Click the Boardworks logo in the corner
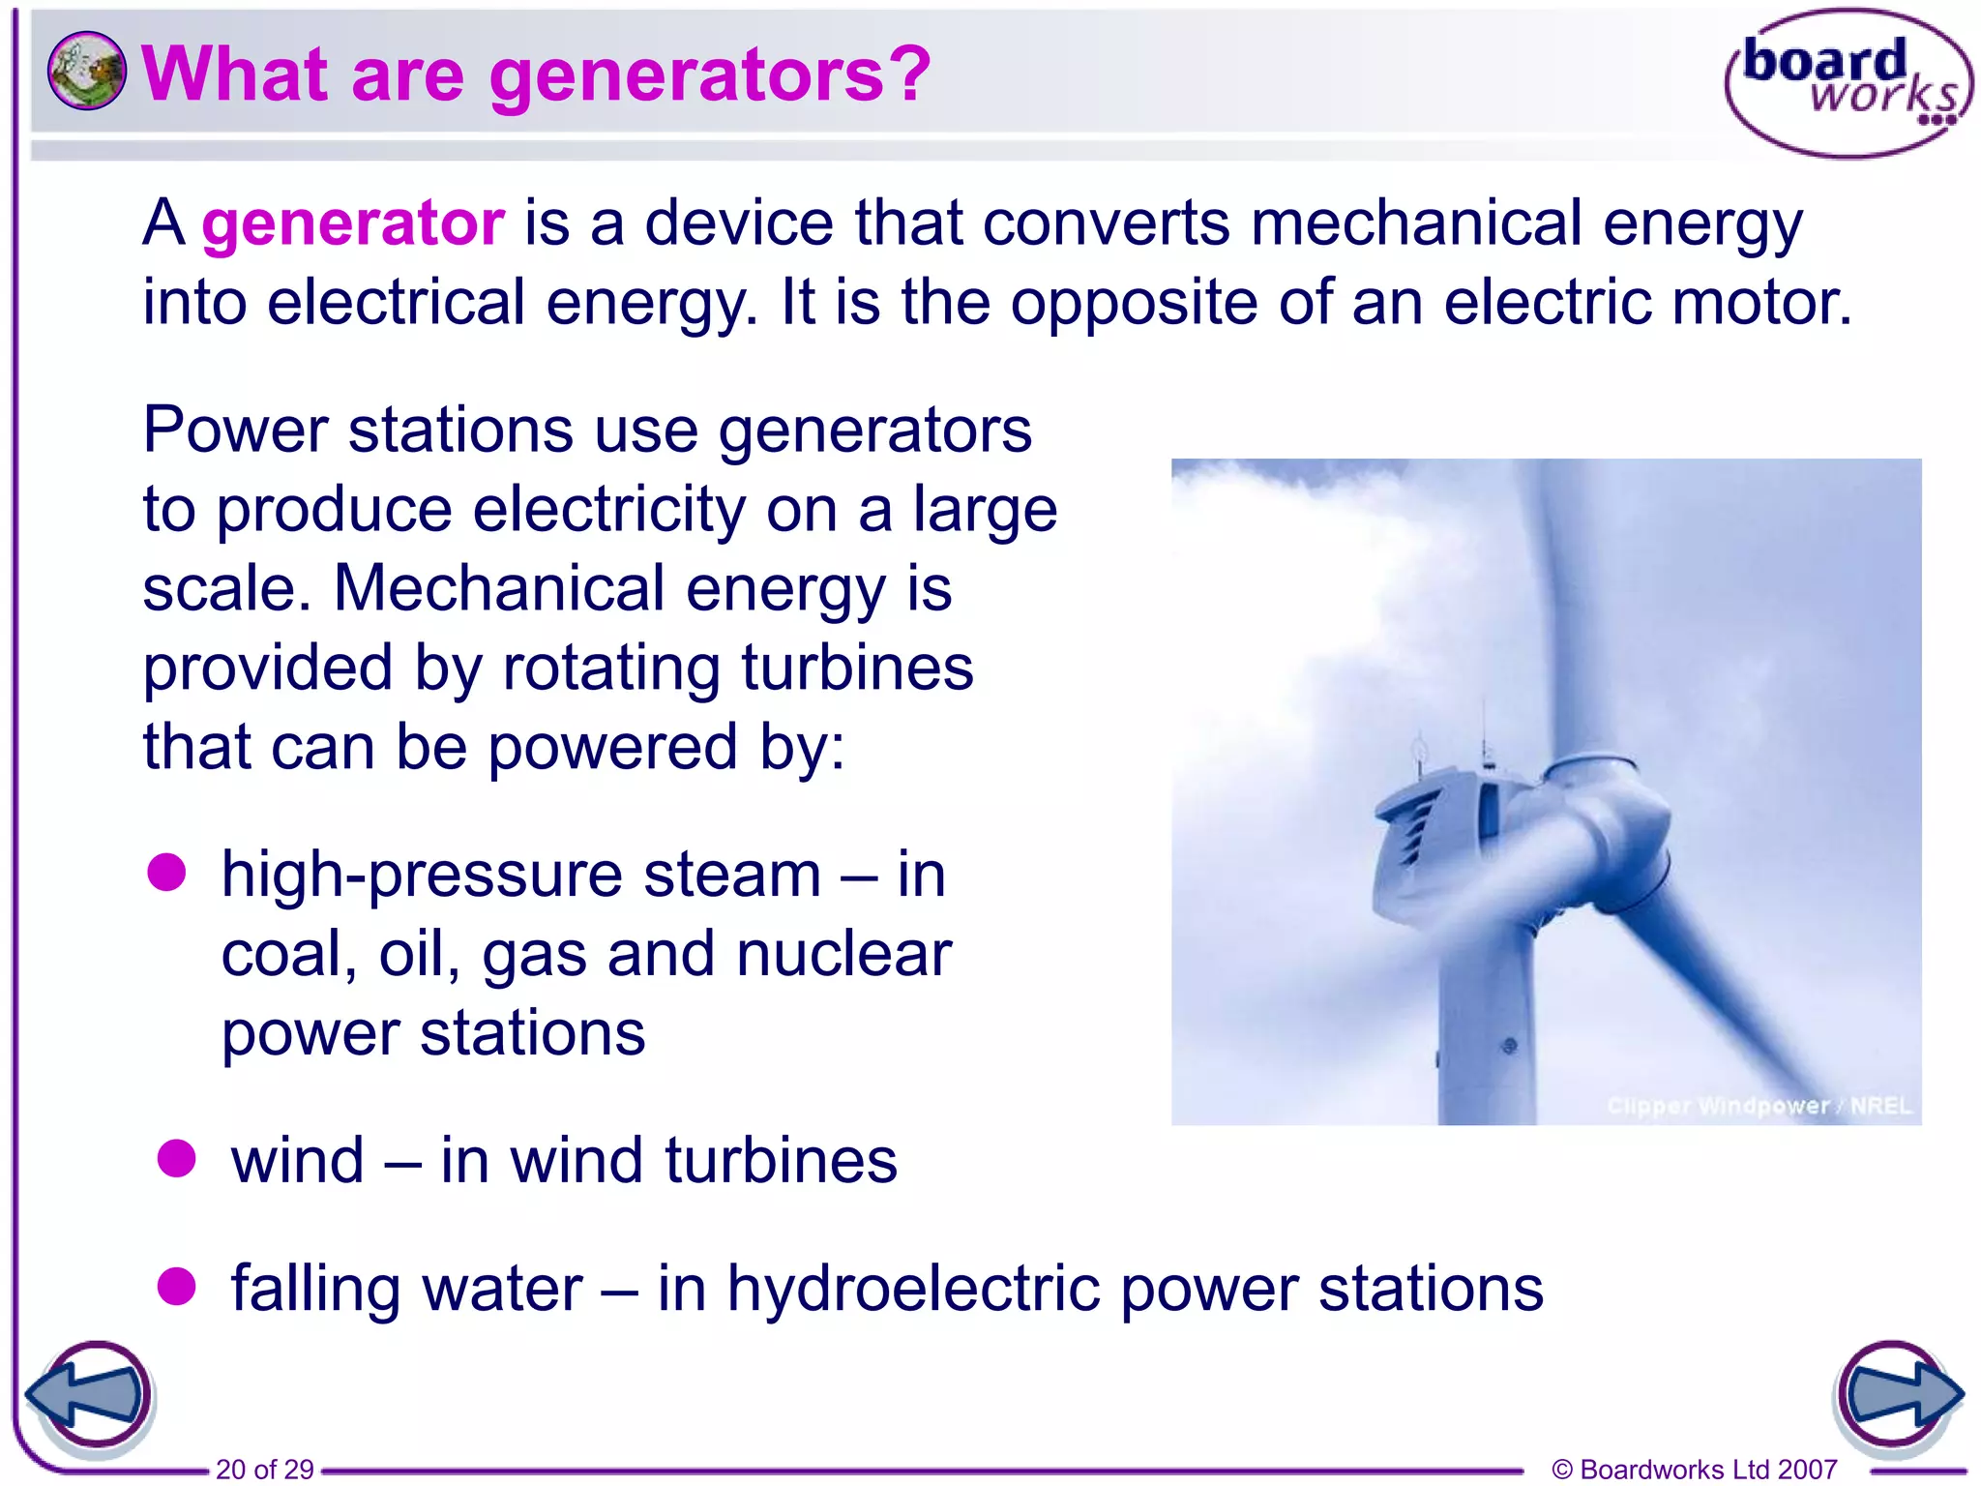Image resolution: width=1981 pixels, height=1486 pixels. [1848, 83]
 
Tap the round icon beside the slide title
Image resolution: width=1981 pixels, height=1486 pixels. [86, 71]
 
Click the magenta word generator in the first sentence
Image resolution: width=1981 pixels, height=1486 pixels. [353, 223]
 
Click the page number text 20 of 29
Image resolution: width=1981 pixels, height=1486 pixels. [264, 1469]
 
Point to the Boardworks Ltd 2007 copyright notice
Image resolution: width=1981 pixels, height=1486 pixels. [1694, 1469]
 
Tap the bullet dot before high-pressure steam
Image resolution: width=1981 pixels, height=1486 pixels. [166, 872]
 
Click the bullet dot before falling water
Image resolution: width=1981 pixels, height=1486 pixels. [176, 1286]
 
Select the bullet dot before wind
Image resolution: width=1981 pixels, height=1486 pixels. [176, 1158]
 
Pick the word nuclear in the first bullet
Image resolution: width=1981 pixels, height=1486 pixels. [843, 954]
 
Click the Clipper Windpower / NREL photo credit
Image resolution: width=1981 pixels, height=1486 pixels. [1759, 1105]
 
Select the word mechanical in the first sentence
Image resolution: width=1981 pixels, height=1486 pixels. [1417, 223]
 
